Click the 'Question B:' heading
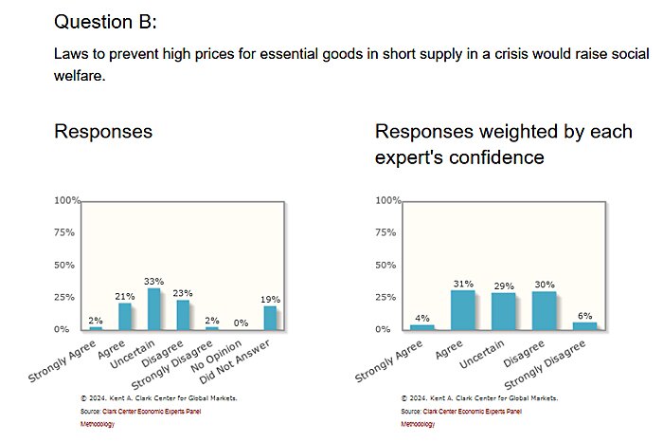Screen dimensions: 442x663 point(107,21)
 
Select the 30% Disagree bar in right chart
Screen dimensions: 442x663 point(544,310)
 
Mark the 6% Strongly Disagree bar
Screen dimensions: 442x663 point(584,325)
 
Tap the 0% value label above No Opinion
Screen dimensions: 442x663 point(241,322)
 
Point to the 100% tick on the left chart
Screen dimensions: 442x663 point(67,201)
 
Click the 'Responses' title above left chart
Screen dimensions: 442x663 point(102,132)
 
